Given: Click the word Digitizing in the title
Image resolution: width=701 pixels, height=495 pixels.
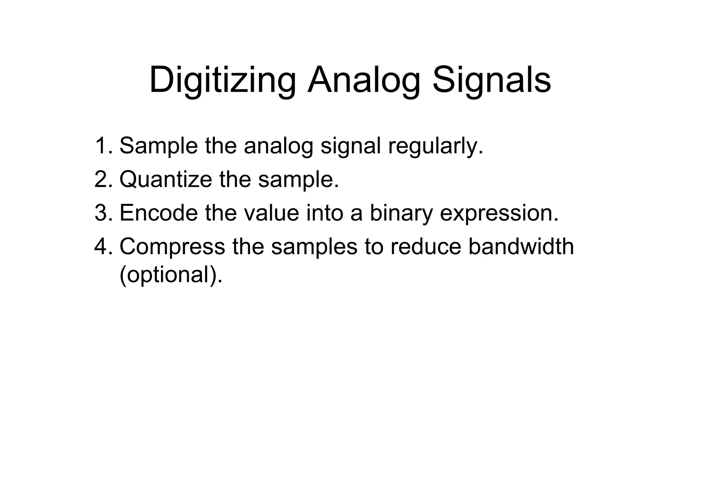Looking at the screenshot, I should (x=222, y=81).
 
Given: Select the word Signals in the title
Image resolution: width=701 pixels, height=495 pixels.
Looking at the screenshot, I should (x=492, y=81).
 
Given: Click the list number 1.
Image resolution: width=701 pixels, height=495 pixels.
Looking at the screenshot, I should (x=103, y=145).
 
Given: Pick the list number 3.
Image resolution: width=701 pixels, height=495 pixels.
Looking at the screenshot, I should (x=103, y=212).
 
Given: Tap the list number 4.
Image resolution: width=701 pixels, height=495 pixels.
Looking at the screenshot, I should (x=103, y=246).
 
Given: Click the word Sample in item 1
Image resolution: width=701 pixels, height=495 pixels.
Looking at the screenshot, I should (x=158, y=145).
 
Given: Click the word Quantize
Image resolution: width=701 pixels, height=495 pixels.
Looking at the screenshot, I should (x=166, y=180).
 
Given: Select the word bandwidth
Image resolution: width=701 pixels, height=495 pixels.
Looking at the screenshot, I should (x=521, y=246).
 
